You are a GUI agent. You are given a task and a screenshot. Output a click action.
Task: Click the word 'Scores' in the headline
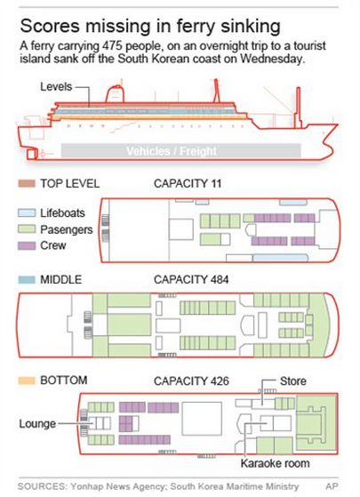click(50, 26)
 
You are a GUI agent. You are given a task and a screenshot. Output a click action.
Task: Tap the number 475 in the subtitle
click(113, 46)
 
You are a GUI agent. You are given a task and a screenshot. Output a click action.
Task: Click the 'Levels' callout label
click(56, 86)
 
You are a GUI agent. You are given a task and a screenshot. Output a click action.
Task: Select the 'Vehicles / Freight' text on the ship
click(172, 151)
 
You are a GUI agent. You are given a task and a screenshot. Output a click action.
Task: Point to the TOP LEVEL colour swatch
click(27, 183)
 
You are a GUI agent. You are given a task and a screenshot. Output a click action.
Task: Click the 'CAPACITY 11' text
click(188, 183)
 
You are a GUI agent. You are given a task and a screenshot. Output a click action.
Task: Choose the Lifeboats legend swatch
click(27, 212)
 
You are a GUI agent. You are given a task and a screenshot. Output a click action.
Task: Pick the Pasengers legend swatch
click(27, 229)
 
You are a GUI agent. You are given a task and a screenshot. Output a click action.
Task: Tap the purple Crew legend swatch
click(27, 245)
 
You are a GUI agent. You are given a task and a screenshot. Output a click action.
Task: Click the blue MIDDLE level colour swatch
click(27, 279)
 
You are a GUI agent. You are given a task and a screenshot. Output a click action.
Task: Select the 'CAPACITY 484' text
click(191, 279)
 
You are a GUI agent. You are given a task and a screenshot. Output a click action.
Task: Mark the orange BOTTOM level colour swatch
click(27, 381)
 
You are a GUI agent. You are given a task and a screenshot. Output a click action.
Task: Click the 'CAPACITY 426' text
click(191, 381)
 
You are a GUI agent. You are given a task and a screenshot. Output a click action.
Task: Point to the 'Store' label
click(293, 381)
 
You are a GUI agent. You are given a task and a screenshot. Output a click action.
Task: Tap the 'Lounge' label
click(37, 424)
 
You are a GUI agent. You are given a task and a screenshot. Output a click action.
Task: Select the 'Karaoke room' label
click(275, 463)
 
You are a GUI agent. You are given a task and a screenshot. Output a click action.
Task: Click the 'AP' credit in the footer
click(332, 486)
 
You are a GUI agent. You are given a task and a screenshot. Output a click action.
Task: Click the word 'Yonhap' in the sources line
click(87, 486)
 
